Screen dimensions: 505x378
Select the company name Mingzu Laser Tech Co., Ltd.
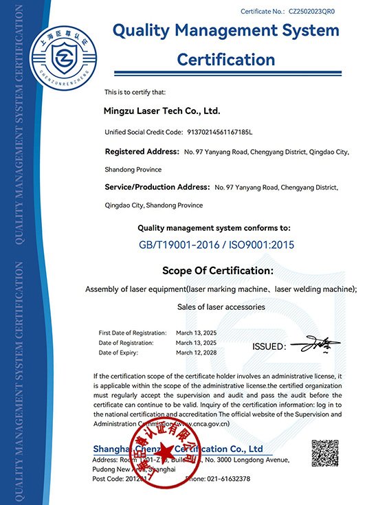(x=161, y=110)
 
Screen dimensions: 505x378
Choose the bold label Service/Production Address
(x=157, y=187)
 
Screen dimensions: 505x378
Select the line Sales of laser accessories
(x=221, y=306)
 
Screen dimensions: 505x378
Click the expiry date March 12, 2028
(x=196, y=352)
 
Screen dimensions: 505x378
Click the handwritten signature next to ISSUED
(x=310, y=343)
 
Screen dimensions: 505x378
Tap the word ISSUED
(x=269, y=346)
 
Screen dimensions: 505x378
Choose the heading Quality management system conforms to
(x=214, y=227)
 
